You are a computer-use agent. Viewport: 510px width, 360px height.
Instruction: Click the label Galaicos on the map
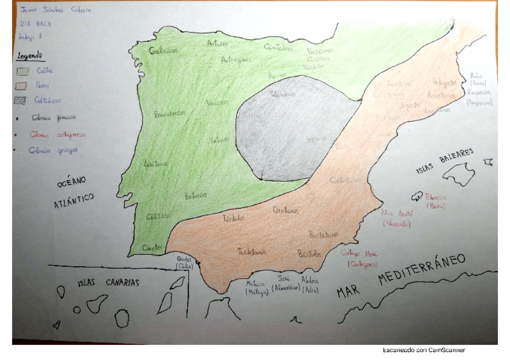click(x=163, y=51)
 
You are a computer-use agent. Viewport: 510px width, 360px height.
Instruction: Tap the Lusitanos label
click(x=156, y=163)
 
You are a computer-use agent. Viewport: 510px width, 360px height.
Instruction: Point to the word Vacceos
click(x=217, y=102)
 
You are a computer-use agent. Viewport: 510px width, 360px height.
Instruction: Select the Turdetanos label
click(x=251, y=252)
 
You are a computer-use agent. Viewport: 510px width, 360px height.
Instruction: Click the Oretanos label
click(x=286, y=210)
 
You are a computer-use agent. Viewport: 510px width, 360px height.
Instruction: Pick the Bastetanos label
click(x=324, y=234)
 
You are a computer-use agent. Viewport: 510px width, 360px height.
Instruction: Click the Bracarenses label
click(x=170, y=113)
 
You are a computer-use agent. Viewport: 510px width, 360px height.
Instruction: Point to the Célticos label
click(x=159, y=216)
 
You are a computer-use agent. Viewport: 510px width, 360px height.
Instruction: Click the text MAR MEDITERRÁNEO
click(x=401, y=275)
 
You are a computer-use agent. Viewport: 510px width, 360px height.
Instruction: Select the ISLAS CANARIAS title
click(x=108, y=282)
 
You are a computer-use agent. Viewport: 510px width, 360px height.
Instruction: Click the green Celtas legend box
click(x=23, y=70)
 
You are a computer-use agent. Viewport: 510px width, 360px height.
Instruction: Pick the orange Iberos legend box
click(x=23, y=85)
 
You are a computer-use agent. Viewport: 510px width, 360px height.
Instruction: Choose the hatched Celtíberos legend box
click(x=23, y=100)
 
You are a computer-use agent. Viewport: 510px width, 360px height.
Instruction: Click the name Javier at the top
click(x=28, y=11)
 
